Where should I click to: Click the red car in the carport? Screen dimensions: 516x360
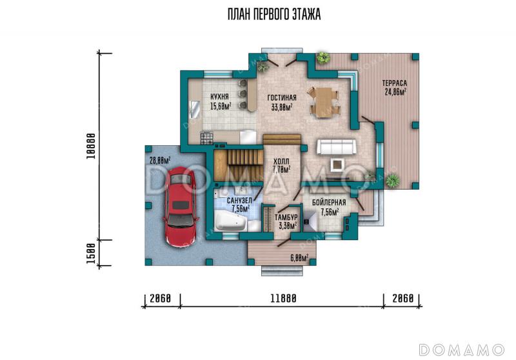pyautogui.click(x=181, y=206)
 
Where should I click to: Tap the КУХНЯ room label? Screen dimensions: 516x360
pyautogui.click(x=219, y=97)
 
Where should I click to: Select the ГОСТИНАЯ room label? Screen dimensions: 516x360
pyautogui.click(x=282, y=97)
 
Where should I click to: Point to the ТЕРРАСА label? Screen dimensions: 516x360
pyautogui.click(x=395, y=83)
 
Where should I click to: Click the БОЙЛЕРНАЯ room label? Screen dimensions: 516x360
pyautogui.click(x=329, y=203)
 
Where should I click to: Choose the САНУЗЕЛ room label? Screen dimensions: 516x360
pyautogui.click(x=239, y=201)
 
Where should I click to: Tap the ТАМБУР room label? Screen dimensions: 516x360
pyautogui.click(x=286, y=217)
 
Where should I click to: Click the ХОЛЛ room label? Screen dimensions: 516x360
pyautogui.click(x=281, y=161)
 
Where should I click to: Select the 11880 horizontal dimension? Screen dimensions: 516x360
pyautogui.click(x=283, y=298)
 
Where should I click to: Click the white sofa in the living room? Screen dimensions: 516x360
pyautogui.click(x=336, y=146)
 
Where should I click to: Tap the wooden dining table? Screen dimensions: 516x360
pyautogui.click(x=323, y=102)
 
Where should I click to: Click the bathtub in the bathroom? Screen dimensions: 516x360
pyautogui.click(x=231, y=221)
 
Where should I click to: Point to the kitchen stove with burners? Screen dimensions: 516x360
pyautogui.click(x=206, y=137)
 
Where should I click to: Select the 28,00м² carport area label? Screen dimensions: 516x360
pyautogui.click(x=160, y=161)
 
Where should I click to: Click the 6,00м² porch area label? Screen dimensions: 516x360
pyautogui.click(x=299, y=258)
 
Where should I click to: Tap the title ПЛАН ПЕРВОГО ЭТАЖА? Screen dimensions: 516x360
pyautogui.click(x=274, y=14)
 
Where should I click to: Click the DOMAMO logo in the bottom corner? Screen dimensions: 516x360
pyautogui.click(x=461, y=350)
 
